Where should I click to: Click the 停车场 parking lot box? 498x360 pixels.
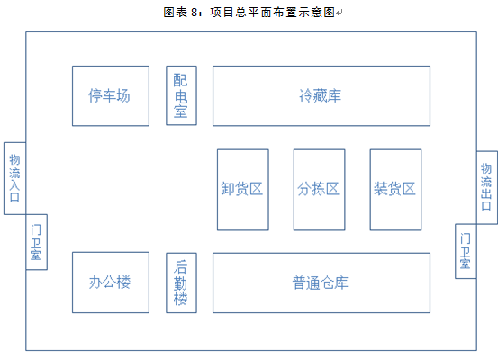[x=111, y=96]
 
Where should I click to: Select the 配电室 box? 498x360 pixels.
[x=181, y=95]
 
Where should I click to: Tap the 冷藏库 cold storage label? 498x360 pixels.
[x=321, y=95]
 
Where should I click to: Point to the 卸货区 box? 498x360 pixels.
[x=243, y=190]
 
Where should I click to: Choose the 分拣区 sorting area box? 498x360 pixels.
[x=319, y=190]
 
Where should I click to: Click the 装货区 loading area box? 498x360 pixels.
[x=395, y=190]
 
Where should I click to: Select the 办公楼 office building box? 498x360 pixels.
[x=111, y=283]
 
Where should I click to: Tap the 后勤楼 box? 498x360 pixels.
[x=181, y=283]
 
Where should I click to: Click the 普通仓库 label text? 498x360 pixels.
[x=321, y=283]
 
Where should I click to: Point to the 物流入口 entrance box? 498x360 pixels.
[x=14, y=178]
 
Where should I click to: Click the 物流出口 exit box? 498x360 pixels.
[x=487, y=187]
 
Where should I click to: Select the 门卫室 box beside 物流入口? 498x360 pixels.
[x=37, y=242]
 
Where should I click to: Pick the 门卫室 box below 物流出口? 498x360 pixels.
[x=466, y=251]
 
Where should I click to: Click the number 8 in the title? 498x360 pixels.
[x=194, y=13]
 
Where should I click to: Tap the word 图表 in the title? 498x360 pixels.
[x=176, y=13]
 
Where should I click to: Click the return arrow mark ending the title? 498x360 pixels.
[x=340, y=13]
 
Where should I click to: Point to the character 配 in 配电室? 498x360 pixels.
[x=180, y=80]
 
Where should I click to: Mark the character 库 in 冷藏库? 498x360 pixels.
[x=334, y=96]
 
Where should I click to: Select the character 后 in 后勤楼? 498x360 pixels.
[x=180, y=267]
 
